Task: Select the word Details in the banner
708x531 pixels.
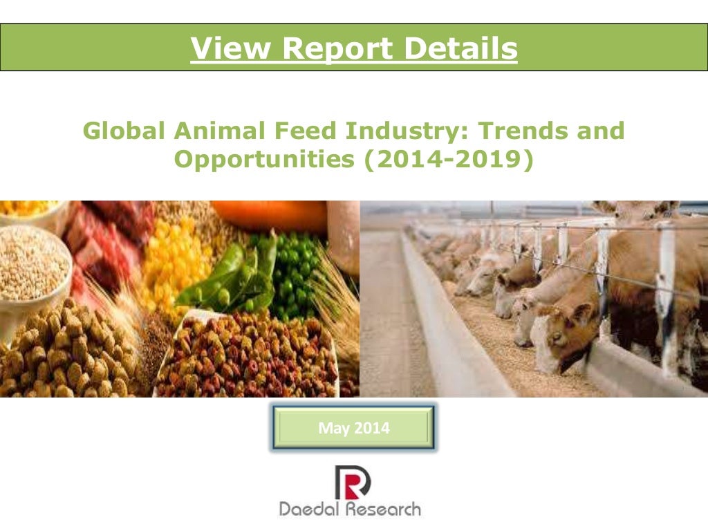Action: pyautogui.click(x=460, y=48)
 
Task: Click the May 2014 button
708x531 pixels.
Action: pyautogui.click(x=353, y=429)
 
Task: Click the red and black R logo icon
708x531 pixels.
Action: pyautogui.click(x=352, y=482)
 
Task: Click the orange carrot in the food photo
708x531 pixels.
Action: pyautogui.click(x=270, y=214)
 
